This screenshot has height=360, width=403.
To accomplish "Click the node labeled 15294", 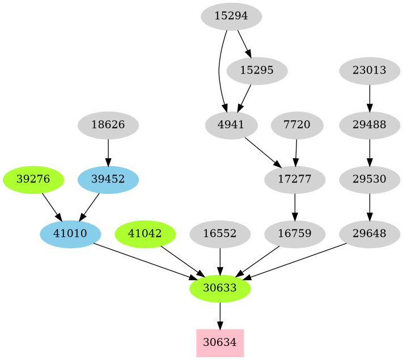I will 231,16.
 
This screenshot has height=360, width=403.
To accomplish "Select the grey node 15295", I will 257,71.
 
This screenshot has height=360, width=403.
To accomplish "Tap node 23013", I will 370,71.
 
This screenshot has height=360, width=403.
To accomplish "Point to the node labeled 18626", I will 108,125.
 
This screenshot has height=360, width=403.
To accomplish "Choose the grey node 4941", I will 231,125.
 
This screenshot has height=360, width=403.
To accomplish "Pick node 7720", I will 297,125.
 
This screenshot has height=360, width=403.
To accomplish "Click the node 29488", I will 370,125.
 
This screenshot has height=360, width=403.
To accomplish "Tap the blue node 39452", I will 108,179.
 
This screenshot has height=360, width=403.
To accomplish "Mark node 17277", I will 295,179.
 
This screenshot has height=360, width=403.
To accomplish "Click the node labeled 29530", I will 370,179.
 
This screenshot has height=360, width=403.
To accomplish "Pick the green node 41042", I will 146,234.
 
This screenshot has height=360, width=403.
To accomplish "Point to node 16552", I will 220,234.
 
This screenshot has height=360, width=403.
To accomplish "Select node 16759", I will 295,234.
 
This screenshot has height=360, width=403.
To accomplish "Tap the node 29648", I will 370,234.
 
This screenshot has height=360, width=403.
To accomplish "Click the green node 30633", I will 220,288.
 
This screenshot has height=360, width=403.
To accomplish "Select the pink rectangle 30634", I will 220,342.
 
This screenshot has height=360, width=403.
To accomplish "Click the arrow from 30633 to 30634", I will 220,316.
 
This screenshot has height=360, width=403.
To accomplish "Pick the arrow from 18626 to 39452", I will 108,153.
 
